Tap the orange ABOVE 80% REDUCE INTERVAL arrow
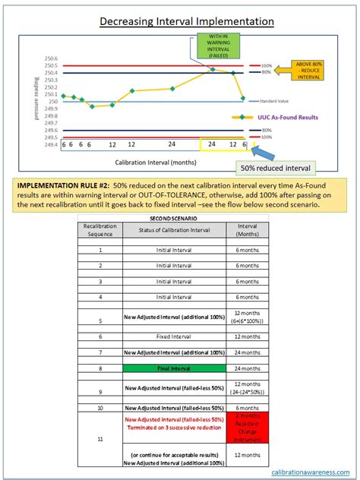(312, 71)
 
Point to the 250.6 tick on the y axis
(52, 58)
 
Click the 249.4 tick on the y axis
(52, 144)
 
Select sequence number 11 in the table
(100, 438)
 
